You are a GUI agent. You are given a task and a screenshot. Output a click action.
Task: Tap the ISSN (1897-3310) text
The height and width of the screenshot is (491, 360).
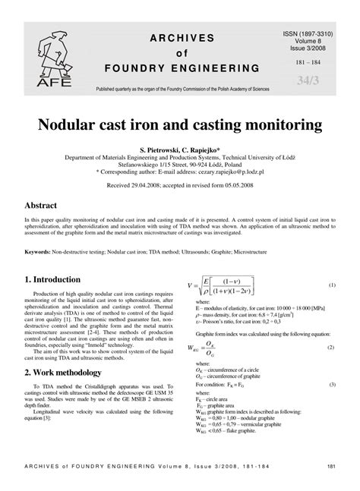point(313,14)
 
